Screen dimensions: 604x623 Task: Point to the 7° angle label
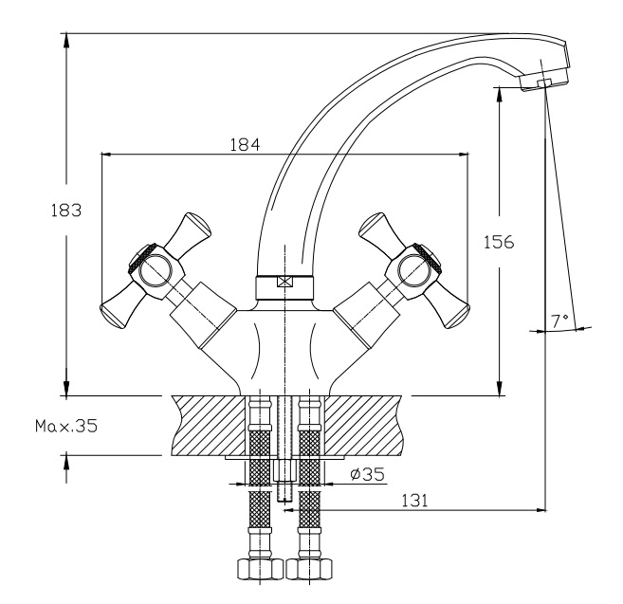pos(560,321)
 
